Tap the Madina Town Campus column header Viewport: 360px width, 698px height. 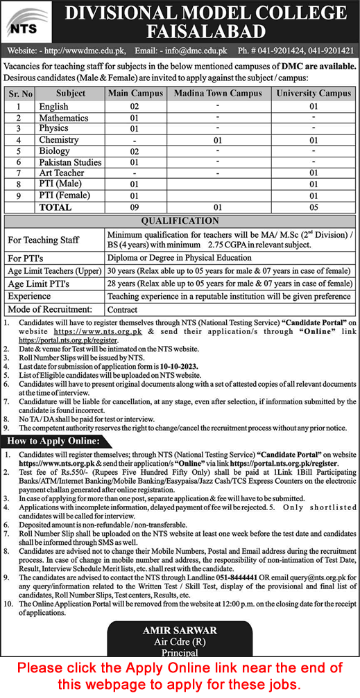click(218, 93)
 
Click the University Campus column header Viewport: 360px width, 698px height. click(314, 93)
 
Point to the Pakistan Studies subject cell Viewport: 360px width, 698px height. click(70, 162)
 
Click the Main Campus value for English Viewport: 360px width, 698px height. click(135, 107)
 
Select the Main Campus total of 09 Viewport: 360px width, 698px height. click(135, 207)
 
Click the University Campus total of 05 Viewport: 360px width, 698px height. click(314, 207)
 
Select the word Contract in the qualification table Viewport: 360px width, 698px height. click(123, 309)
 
